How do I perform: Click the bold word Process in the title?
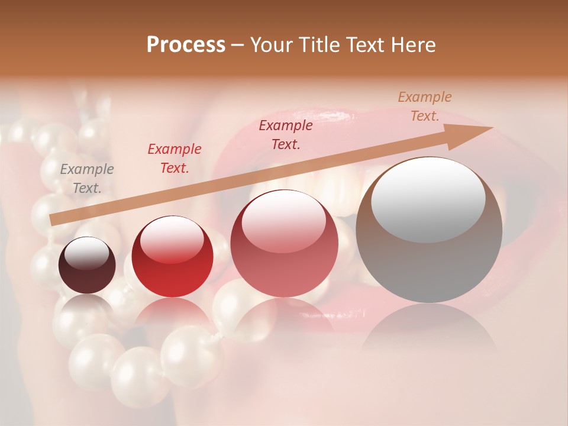click(x=186, y=45)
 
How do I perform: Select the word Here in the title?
click(x=414, y=45)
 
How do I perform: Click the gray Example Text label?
click(x=87, y=179)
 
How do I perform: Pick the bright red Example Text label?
click(x=174, y=159)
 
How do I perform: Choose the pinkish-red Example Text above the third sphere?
click(x=286, y=134)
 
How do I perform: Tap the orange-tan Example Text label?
click(x=425, y=106)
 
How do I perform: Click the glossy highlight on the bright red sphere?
click(x=172, y=238)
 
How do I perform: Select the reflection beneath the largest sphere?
click(x=428, y=331)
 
